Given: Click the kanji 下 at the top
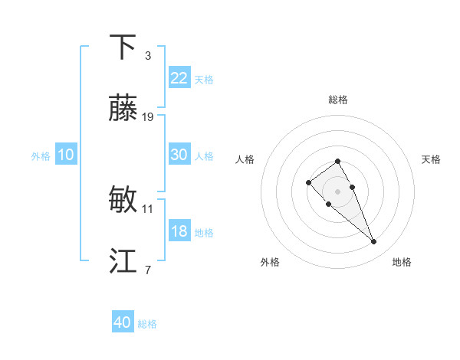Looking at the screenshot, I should click(x=123, y=47).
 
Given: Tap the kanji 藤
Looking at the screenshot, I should click(x=123, y=109).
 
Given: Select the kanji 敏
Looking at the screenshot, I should click(x=123, y=200).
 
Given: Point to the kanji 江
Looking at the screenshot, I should click(x=123, y=261).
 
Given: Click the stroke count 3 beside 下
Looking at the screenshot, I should click(x=148, y=56).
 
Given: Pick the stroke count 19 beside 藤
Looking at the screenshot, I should click(x=148, y=117).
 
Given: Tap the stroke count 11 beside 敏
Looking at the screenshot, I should click(x=148, y=208).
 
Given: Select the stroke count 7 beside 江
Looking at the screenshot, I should click(x=148, y=270).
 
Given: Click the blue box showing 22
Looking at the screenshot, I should click(x=179, y=78).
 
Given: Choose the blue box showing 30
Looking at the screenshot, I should click(x=179, y=155).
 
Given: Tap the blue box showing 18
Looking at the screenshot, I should click(x=179, y=231).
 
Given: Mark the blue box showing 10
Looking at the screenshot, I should click(x=66, y=155).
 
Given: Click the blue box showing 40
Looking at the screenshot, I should click(x=123, y=322).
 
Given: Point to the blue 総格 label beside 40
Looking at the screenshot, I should click(x=147, y=324).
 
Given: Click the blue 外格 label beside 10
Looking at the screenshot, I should click(x=41, y=156).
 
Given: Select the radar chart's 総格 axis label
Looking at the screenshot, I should click(x=338, y=100).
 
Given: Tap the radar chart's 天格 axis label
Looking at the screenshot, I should click(x=431, y=159).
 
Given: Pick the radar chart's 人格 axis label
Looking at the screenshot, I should click(x=245, y=159).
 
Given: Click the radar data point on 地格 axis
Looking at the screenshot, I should click(x=373, y=242).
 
